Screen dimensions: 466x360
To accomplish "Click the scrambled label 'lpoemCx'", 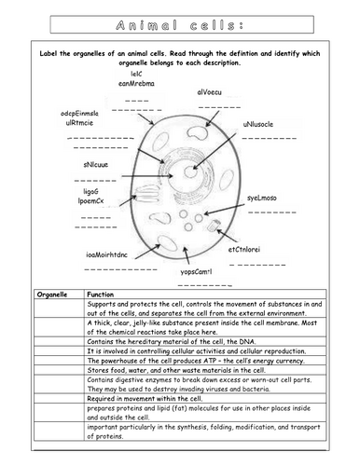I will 98,199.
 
